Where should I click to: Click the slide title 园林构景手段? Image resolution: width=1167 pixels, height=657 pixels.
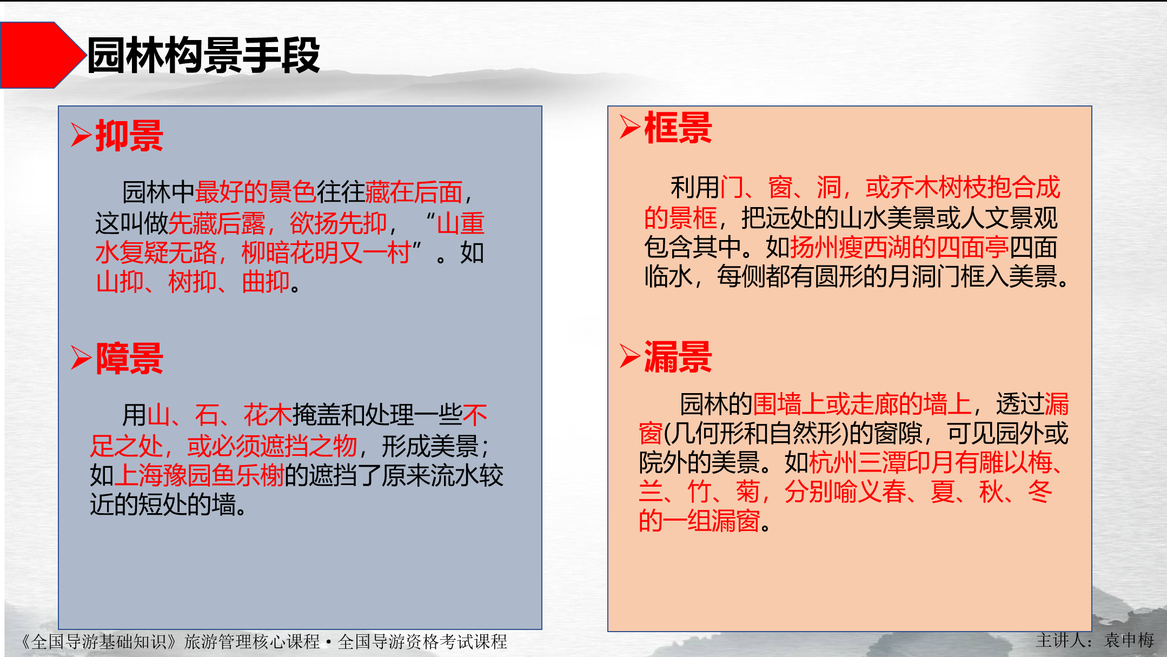203,55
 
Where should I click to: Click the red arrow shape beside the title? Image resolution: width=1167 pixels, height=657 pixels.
41,55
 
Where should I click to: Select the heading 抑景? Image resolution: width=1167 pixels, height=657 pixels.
130,136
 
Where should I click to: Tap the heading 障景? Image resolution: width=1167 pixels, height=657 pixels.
130,359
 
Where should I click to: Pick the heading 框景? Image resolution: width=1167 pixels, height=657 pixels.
678,128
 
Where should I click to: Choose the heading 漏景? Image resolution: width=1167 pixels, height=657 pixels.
678,357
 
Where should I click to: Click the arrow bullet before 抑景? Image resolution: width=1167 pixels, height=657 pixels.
81,135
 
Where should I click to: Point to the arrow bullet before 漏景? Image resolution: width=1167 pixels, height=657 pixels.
629,356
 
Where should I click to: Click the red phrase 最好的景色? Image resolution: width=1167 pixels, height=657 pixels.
255,192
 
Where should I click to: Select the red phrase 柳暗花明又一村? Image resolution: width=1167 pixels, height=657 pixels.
326,253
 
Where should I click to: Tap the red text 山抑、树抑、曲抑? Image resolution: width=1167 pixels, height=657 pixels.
193,282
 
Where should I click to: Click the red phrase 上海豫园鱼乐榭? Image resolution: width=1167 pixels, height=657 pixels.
199,476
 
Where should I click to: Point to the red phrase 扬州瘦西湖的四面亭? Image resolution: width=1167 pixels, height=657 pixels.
899,248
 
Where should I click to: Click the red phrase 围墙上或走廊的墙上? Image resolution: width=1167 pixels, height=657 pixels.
862,404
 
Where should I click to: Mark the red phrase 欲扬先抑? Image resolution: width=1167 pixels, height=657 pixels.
339,223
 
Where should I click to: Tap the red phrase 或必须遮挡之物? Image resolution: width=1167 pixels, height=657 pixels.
272,447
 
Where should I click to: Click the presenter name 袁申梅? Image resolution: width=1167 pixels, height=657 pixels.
1129,640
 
